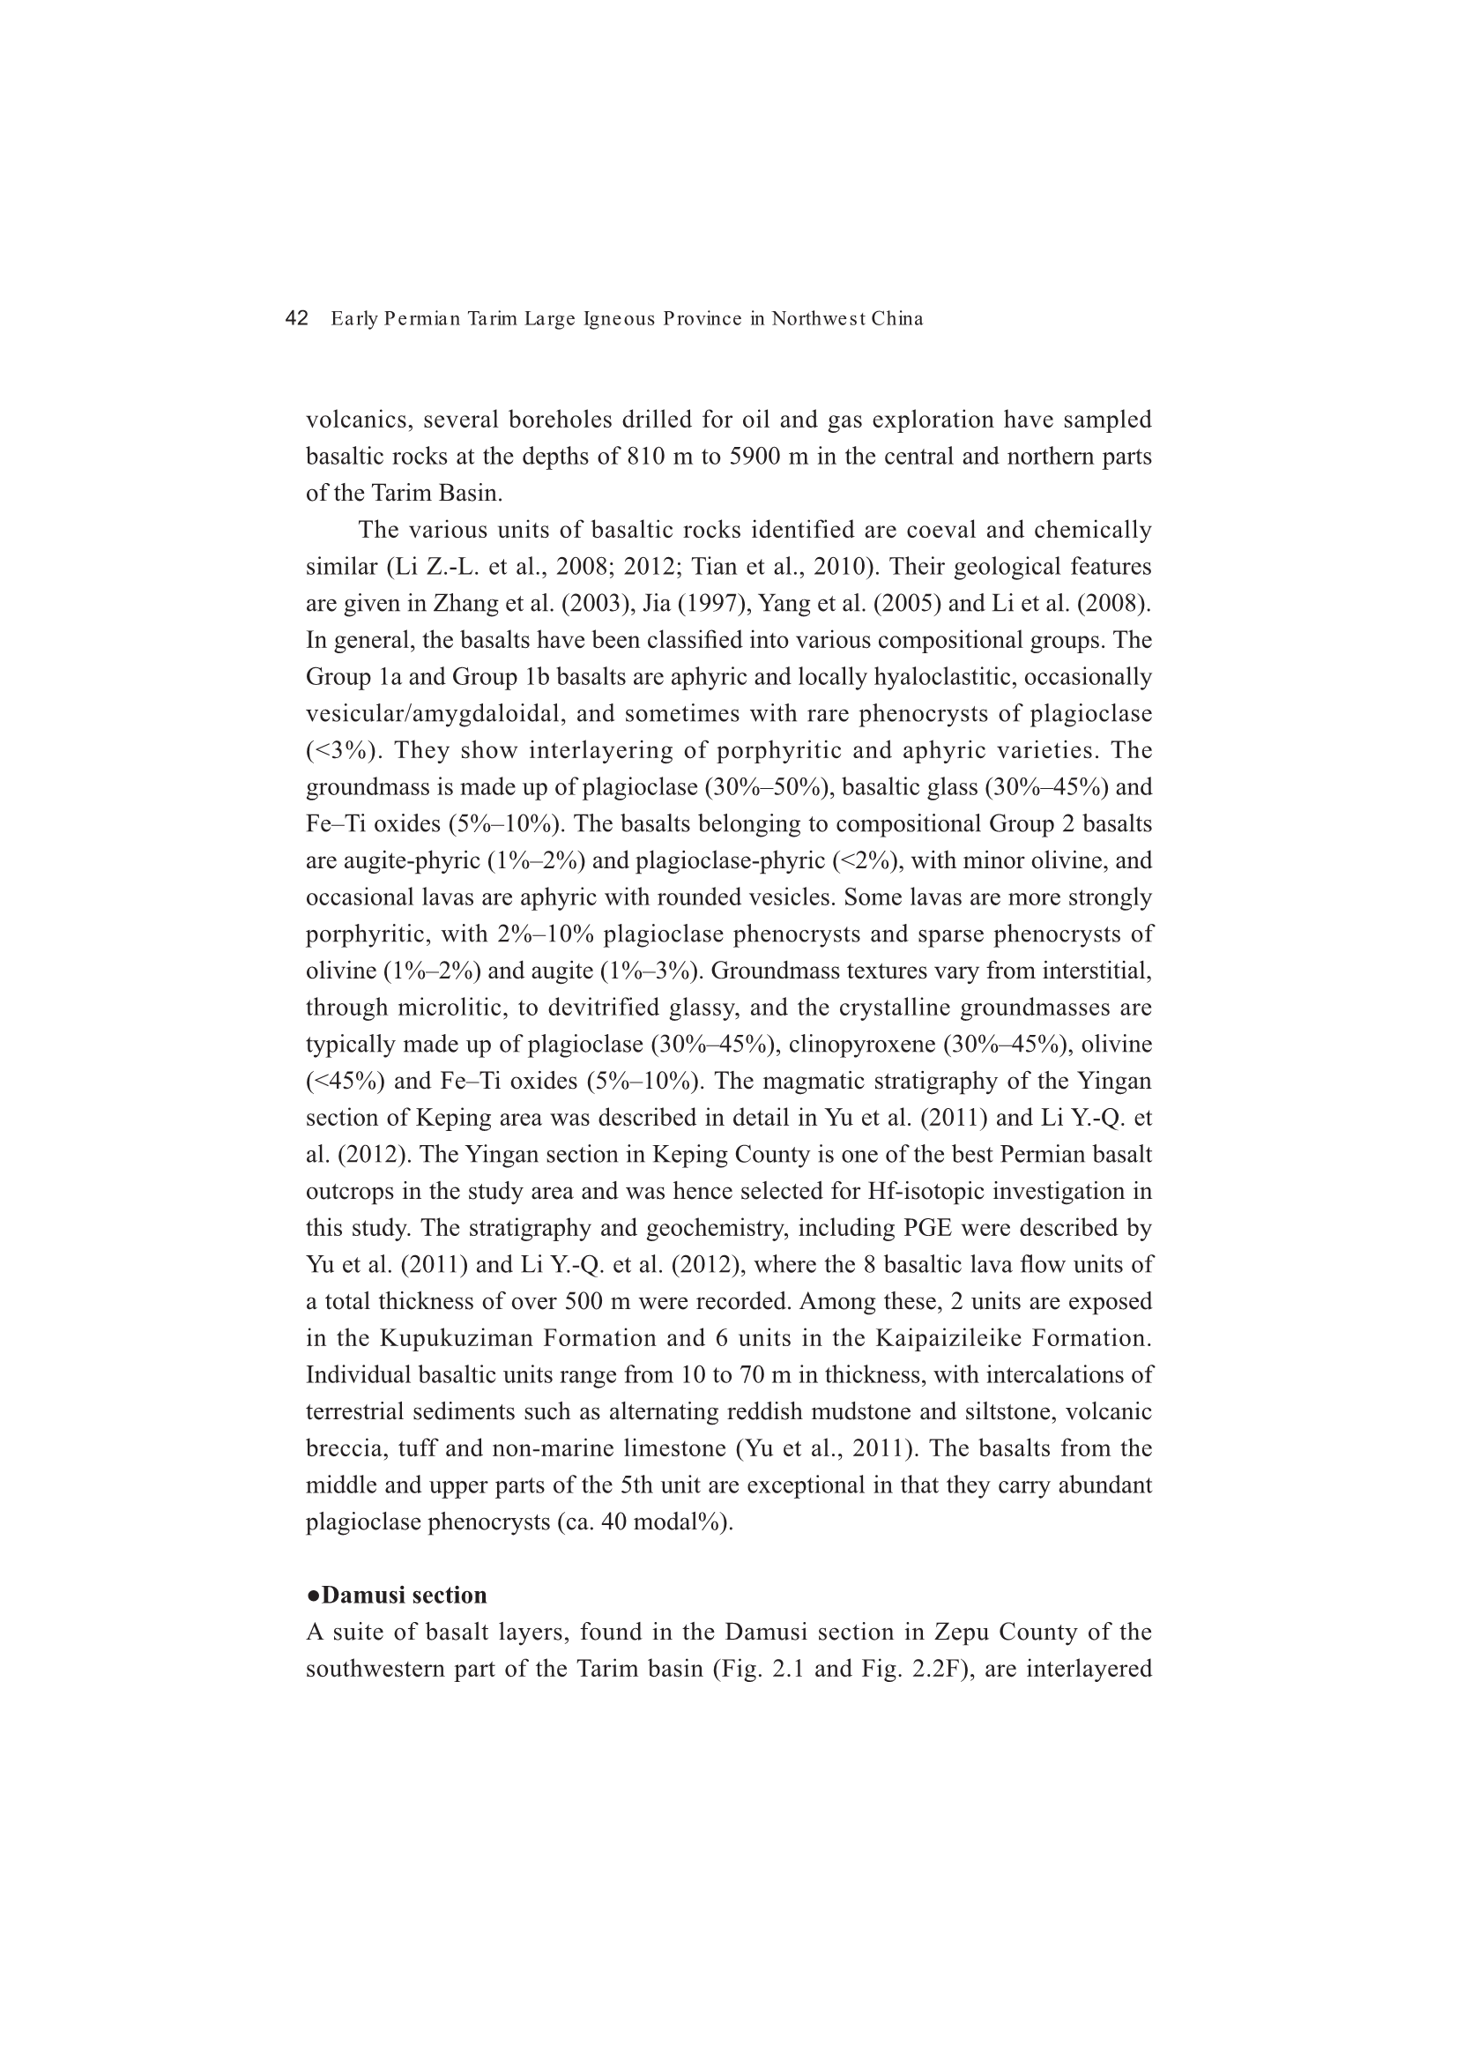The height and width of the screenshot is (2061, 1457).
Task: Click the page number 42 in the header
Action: coord(296,318)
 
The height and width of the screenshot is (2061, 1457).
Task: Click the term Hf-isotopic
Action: coord(922,1192)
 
